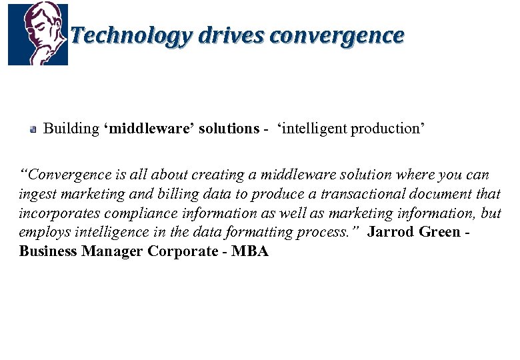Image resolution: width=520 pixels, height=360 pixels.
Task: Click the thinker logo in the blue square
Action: pos(37,33)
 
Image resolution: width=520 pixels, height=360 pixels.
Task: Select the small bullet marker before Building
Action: pos(32,129)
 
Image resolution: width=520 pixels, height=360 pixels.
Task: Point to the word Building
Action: pos(71,128)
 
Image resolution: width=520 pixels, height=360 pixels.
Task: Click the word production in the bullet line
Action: pos(387,128)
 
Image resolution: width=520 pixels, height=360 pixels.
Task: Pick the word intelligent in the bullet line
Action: pos(312,128)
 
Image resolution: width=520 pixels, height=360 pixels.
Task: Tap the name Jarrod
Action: pos(390,232)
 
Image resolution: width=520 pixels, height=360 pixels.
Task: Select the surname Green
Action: pos(439,232)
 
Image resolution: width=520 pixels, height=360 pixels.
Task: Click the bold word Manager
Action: pos(111,251)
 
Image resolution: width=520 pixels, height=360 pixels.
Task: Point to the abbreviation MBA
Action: pos(250,251)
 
